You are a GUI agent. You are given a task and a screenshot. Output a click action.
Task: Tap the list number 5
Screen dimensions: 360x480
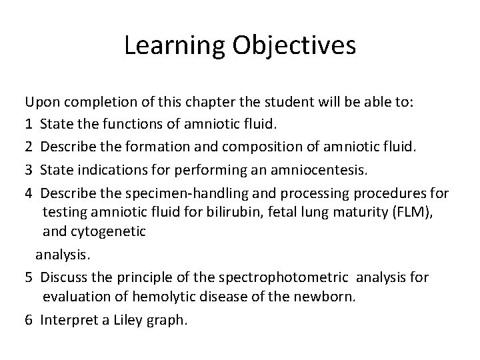[x=29, y=277]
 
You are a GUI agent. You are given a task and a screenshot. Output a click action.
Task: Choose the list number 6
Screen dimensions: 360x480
[x=29, y=319]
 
